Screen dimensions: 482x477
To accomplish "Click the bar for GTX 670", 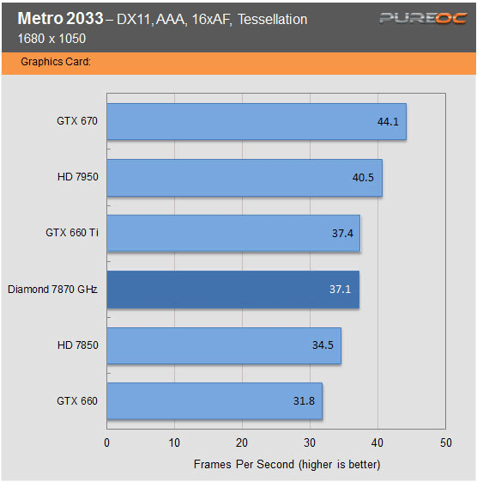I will [256, 122].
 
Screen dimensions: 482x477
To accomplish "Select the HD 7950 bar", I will [244, 178].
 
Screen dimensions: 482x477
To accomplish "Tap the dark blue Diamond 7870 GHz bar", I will [232, 290].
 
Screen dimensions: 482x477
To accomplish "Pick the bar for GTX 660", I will [214, 401].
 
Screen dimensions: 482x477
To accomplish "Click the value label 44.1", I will [388, 122].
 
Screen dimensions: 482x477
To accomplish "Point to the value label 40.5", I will [364, 178].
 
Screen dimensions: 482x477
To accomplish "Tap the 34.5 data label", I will [323, 345].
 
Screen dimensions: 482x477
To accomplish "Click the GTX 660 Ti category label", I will [71, 233].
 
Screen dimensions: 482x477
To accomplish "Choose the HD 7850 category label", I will [77, 345].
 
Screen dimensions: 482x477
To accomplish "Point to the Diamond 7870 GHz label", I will [52, 290].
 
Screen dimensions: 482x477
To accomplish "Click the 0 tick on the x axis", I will [106, 443].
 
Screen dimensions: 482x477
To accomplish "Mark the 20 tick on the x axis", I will [242, 443].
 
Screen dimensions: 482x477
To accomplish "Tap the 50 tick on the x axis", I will [444, 443].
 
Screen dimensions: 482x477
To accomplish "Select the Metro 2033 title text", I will [56, 19].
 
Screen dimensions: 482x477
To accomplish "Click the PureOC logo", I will [412, 19].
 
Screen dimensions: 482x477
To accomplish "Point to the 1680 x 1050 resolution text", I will [47, 38].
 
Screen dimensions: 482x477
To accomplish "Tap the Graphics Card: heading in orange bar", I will [56, 62].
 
